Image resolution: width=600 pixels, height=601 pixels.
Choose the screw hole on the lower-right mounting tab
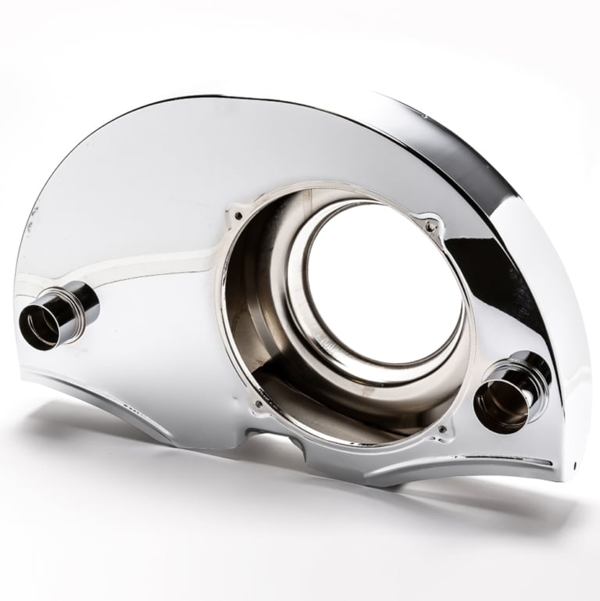point(443,429)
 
